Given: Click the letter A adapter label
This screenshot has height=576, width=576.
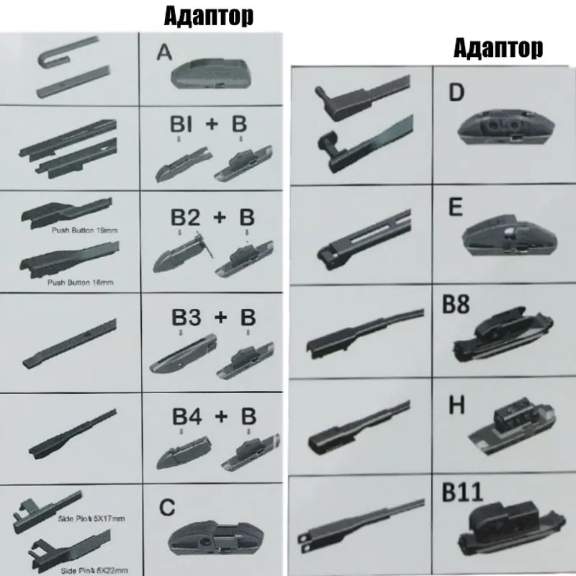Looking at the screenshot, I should click(x=165, y=54).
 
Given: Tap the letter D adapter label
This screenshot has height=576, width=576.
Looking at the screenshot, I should click(x=456, y=94).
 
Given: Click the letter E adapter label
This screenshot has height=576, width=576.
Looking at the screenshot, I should click(x=455, y=209).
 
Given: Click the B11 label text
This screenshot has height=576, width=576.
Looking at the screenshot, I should click(x=464, y=493).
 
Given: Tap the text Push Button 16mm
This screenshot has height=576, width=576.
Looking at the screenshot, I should click(x=80, y=282).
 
